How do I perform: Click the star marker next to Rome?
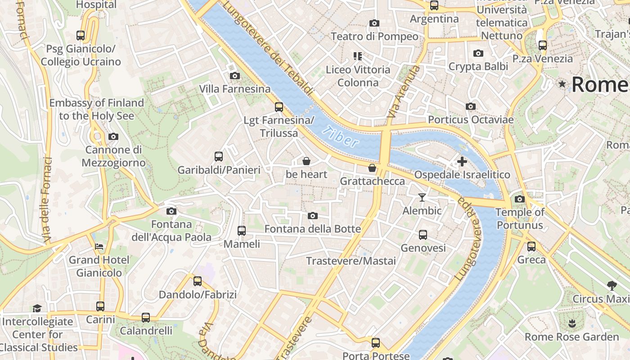[x=562, y=84]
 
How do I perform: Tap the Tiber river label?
[x=341, y=136]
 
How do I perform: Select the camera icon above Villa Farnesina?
[x=234, y=76]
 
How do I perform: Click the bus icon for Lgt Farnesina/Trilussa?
[x=279, y=107]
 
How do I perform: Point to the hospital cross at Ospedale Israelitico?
[x=462, y=162]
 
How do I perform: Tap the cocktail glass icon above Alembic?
[x=422, y=197]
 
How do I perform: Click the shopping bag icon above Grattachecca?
[x=372, y=168]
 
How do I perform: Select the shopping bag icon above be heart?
[x=306, y=161]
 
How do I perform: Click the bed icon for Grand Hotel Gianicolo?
[x=99, y=247]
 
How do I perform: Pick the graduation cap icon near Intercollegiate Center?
[x=37, y=308]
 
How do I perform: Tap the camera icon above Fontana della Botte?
[x=313, y=216]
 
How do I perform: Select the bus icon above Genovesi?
[x=423, y=234]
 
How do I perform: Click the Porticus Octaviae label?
[x=470, y=120]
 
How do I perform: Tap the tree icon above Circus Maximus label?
[x=612, y=285]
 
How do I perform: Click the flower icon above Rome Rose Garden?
[x=572, y=323]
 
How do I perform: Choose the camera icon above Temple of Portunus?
[x=520, y=199]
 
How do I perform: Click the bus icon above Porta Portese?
[x=376, y=343]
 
